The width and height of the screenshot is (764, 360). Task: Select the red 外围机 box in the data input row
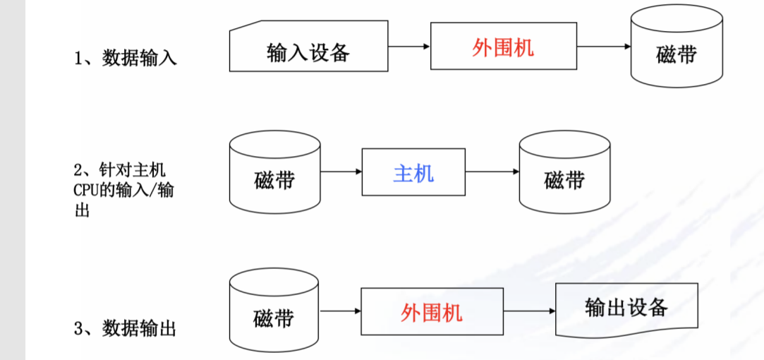click(x=502, y=47)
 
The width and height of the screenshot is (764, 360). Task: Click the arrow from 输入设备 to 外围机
click(x=408, y=47)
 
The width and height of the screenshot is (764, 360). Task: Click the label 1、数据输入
click(x=125, y=58)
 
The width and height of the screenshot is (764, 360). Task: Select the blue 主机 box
click(x=413, y=172)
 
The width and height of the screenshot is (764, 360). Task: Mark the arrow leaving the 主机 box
click(x=492, y=172)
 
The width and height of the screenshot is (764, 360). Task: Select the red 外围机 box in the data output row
click(x=431, y=311)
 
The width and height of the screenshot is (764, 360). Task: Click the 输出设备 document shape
click(x=626, y=308)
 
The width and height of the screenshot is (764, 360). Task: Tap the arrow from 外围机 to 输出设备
click(x=528, y=311)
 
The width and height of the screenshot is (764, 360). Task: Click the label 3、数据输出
click(x=125, y=328)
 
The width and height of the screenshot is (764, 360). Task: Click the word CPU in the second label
click(x=87, y=190)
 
